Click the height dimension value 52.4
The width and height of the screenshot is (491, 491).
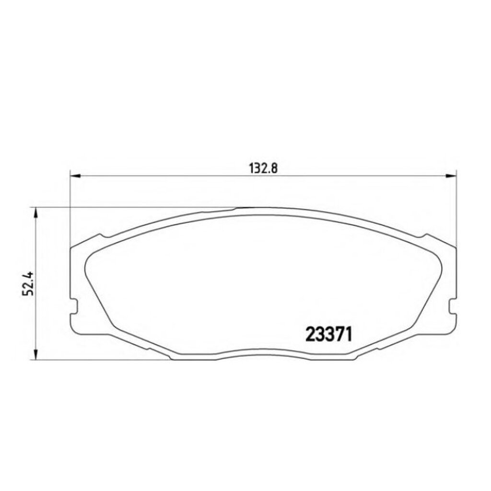pyautogui.click(x=27, y=284)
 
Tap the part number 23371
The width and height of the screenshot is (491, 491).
pyautogui.click(x=329, y=334)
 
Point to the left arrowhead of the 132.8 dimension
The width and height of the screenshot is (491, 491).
pyautogui.click(x=75, y=176)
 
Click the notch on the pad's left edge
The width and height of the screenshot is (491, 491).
pyautogui.click(x=73, y=307)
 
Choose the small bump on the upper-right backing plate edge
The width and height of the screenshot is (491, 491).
pyautogui.click(x=423, y=236)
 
